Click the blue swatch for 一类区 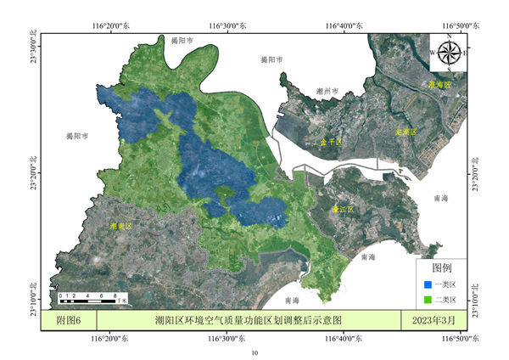coord(428,284)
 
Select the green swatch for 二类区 coord(428,300)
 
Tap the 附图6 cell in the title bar coord(69,320)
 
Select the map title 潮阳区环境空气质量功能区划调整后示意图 coord(248,320)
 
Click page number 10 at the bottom coord(254,351)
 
